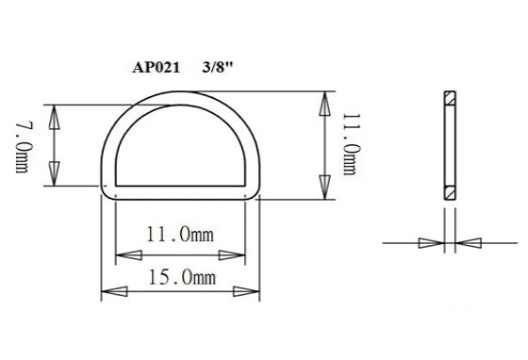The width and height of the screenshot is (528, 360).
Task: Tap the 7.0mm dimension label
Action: coord(21,145)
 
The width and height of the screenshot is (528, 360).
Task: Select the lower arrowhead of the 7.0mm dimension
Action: coord(54,172)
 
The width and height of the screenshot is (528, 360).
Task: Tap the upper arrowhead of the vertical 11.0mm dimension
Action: coord(325,105)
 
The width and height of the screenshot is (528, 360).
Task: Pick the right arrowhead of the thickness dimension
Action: coord(469,243)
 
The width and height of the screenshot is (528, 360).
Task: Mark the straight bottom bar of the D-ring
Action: coord(179,192)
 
